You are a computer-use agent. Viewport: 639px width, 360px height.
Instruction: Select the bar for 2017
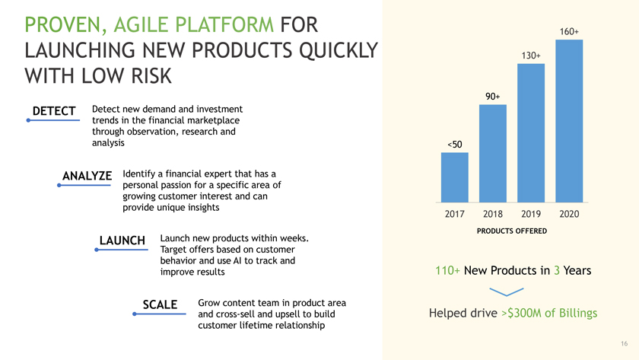pyautogui.click(x=454, y=177)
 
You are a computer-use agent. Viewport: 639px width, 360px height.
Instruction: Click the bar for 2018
pyautogui.click(x=493, y=153)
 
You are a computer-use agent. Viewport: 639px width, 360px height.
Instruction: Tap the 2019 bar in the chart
pyautogui.click(x=531, y=133)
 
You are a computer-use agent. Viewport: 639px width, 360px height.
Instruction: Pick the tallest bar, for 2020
pyautogui.click(x=569, y=121)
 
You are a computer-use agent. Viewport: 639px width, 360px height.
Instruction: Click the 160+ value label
pyautogui.click(x=569, y=31)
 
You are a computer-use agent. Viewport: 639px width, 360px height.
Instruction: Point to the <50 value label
pyautogui.click(x=455, y=145)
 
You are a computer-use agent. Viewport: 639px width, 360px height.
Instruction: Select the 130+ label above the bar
pyautogui.click(x=531, y=56)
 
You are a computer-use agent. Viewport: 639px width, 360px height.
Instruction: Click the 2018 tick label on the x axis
pyautogui.click(x=493, y=214)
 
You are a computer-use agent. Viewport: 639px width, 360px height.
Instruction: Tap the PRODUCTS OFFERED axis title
pyautogui.click(x=512, y=231)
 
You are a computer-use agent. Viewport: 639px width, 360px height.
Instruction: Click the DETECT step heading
pyautogui.click(x=54, y=111)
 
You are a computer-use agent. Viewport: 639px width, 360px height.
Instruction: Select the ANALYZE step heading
pyautogui.click(x=87, y=176)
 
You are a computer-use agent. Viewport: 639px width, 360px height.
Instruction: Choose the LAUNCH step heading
pyautogui.click(x=122, y=241)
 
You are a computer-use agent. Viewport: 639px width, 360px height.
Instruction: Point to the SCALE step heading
pyautogui.click(x=160, y=304)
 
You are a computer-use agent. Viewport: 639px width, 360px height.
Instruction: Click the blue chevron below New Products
pyautogui.click(x=506, y=292)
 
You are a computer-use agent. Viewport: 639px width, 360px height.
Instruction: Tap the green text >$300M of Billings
pyautogui.click(x=549, y=313)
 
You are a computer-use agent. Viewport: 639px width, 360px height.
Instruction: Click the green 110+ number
pyautogui.click(x=447, y=270)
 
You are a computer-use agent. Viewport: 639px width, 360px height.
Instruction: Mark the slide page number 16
pyautogui.click(x=625, y=344)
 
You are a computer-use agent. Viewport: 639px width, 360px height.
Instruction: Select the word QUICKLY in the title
pyautogui.click(x=339, y=50)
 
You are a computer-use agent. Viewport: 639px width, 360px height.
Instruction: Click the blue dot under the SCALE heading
pyautogui.click(x=135, y=314)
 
